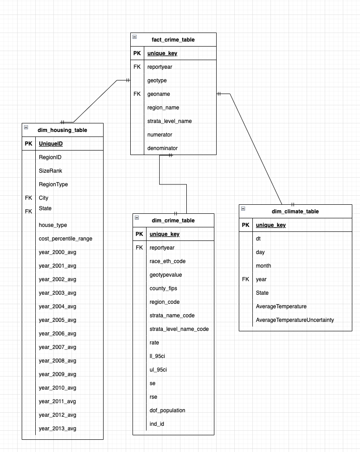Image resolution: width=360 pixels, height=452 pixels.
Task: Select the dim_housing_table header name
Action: [62, 130]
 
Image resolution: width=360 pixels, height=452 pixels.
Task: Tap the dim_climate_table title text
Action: [295, 212]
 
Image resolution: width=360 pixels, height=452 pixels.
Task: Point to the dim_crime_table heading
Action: [173, 221]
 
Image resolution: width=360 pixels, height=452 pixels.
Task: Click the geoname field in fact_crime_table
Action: [157, 94]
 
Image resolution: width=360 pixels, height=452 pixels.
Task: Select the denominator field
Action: [162, 148]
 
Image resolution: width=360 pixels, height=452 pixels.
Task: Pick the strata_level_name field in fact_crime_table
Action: [170, 121]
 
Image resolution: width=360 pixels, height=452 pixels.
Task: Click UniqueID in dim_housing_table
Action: [51, 144]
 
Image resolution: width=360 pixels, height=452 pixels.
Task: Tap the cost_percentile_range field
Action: [66, 239]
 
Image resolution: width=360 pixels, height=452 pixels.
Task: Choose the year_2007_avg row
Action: [57, 347]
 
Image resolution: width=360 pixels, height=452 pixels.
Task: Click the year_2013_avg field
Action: [57, 428]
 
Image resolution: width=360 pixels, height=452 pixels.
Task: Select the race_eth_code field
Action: [167, 261]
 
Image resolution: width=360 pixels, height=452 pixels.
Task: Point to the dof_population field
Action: [167, 410]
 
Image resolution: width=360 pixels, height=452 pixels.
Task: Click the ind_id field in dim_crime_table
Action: [157, 424]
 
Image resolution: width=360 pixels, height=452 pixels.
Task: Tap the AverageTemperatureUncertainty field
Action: [295, 320]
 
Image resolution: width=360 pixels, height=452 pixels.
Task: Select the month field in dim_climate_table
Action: [264, 266]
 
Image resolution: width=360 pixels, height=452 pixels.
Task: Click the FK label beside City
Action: [28, 198]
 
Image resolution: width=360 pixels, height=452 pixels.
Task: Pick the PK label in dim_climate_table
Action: [246, 225]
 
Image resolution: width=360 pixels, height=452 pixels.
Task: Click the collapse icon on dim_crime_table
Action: [137, 217]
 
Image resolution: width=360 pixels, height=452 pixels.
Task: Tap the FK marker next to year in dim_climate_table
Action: [246, 279]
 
